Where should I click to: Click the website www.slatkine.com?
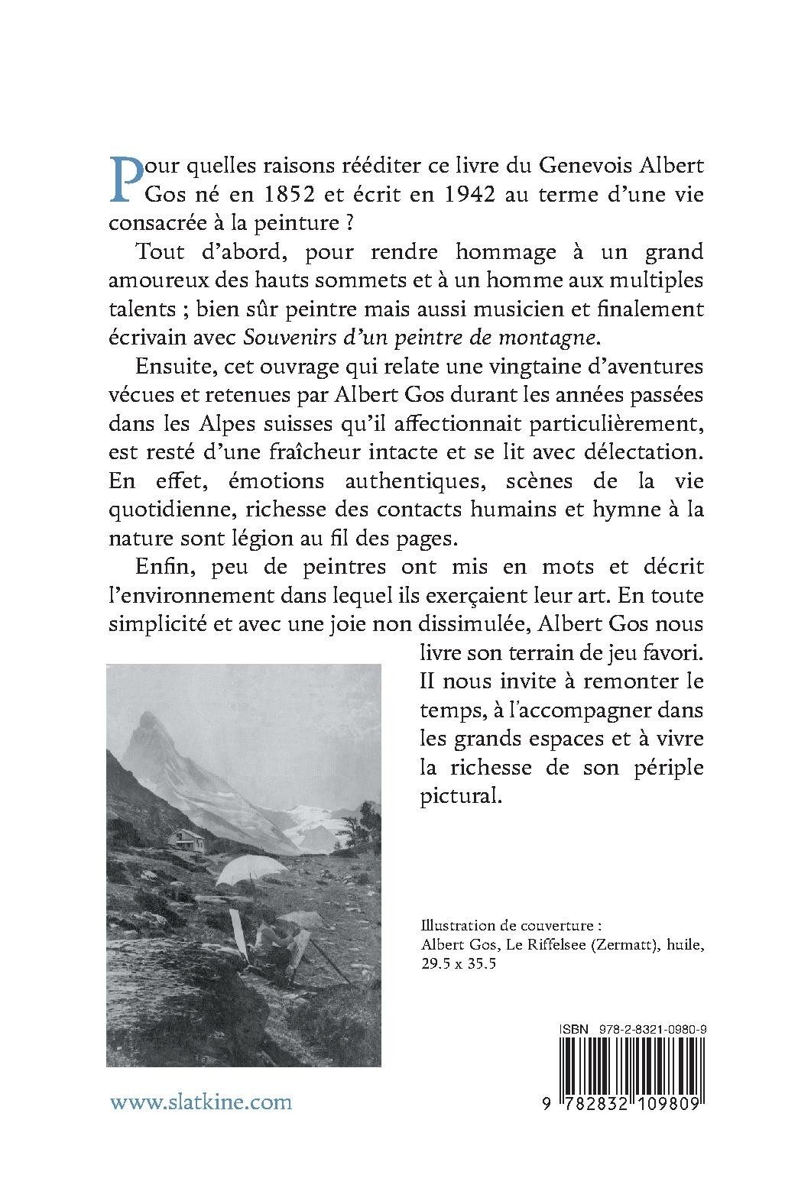201,1102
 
